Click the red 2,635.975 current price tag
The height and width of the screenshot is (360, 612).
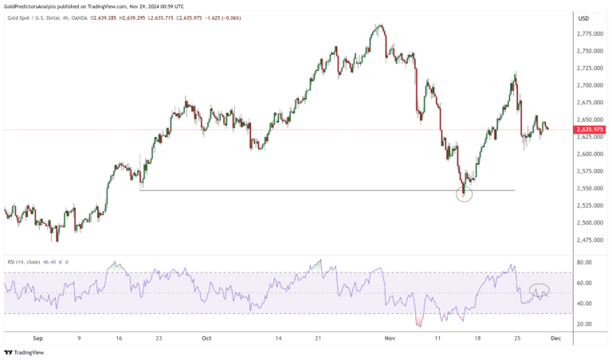pyautogui.click(x=588, y=129)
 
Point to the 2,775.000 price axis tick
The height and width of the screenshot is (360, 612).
pyautogui.click(x=589, y=34)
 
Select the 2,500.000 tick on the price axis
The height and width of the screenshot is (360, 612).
pyautogui.click(x=589, y=223)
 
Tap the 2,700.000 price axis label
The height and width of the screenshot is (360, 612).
pyautogui.click(x=589, y=85)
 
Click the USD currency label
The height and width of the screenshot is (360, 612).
pyautogui.click(x=583, y=18)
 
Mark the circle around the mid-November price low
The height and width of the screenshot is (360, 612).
pyautogui.click(x=465, y=194)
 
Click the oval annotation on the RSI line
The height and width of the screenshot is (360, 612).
pyautogui.click(x=539, y=291)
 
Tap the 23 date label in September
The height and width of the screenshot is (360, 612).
pyautogui.click(x=159, y=338)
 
